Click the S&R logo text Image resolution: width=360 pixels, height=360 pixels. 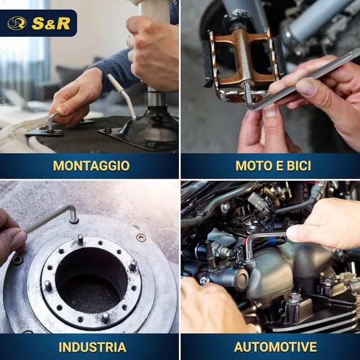(x=51, y=23)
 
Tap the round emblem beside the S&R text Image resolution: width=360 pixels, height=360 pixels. (x=17, y=23)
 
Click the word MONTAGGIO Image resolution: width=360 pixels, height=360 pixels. (x=91, y=165)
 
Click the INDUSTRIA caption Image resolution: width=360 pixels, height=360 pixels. (x=90, y=346)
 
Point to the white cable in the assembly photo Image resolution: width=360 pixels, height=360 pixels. (x=123, y=96)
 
